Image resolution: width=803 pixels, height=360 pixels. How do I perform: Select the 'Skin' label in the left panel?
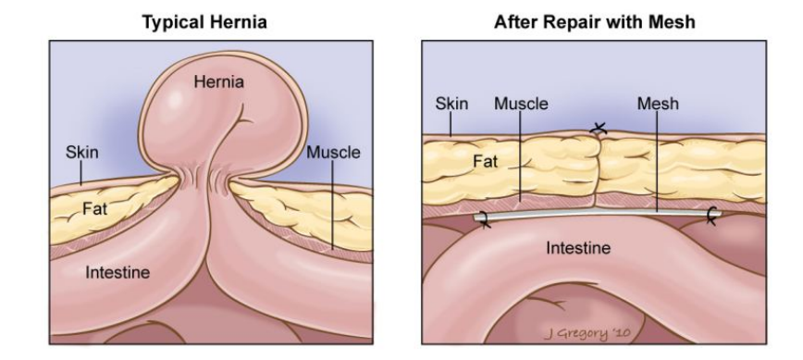(x=80, y=152)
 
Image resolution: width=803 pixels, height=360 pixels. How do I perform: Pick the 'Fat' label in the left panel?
(x=95, y=209)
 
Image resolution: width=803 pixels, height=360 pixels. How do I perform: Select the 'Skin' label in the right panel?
(x=451, y=105)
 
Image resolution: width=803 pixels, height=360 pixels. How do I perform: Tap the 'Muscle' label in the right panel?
(x=521, y=105)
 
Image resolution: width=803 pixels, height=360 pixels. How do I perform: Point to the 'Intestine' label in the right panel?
(x=578, y=248)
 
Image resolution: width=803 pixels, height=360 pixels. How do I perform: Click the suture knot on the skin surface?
(x=600, y=130)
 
